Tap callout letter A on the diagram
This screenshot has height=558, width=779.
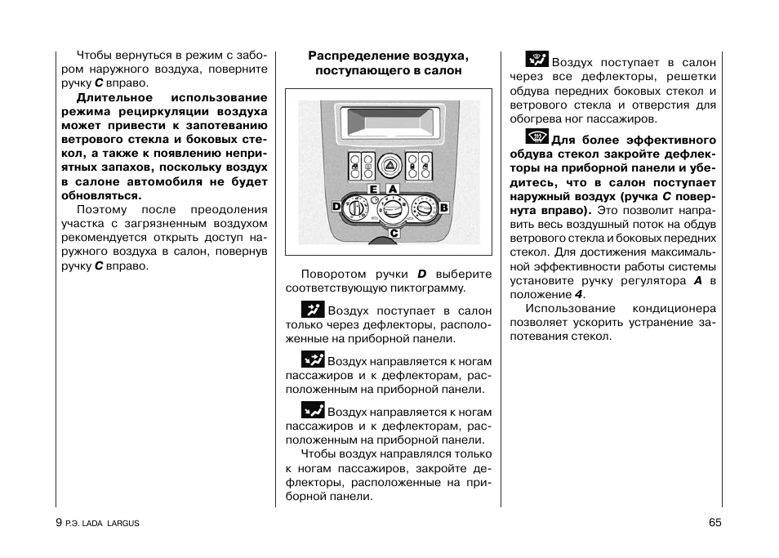(393, 189)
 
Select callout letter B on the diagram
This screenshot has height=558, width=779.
(444, 208)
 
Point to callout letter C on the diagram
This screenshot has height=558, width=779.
(393, 233)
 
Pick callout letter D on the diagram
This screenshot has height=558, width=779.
(336, 208)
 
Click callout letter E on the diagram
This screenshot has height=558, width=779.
(373, 189)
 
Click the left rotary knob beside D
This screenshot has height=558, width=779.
(357, 208)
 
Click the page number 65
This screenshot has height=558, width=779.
(715, 523)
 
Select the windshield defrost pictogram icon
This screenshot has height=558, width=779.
(536, 137)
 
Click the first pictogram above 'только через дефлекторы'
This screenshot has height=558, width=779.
(313, 309)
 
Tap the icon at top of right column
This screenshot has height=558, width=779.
(536, 59)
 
